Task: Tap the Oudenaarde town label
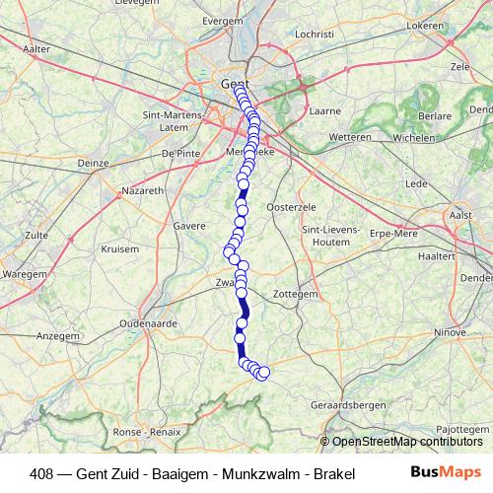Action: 145,323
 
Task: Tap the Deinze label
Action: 92,163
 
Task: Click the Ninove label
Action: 449,332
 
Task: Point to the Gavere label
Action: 189,226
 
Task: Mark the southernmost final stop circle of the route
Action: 263,373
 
